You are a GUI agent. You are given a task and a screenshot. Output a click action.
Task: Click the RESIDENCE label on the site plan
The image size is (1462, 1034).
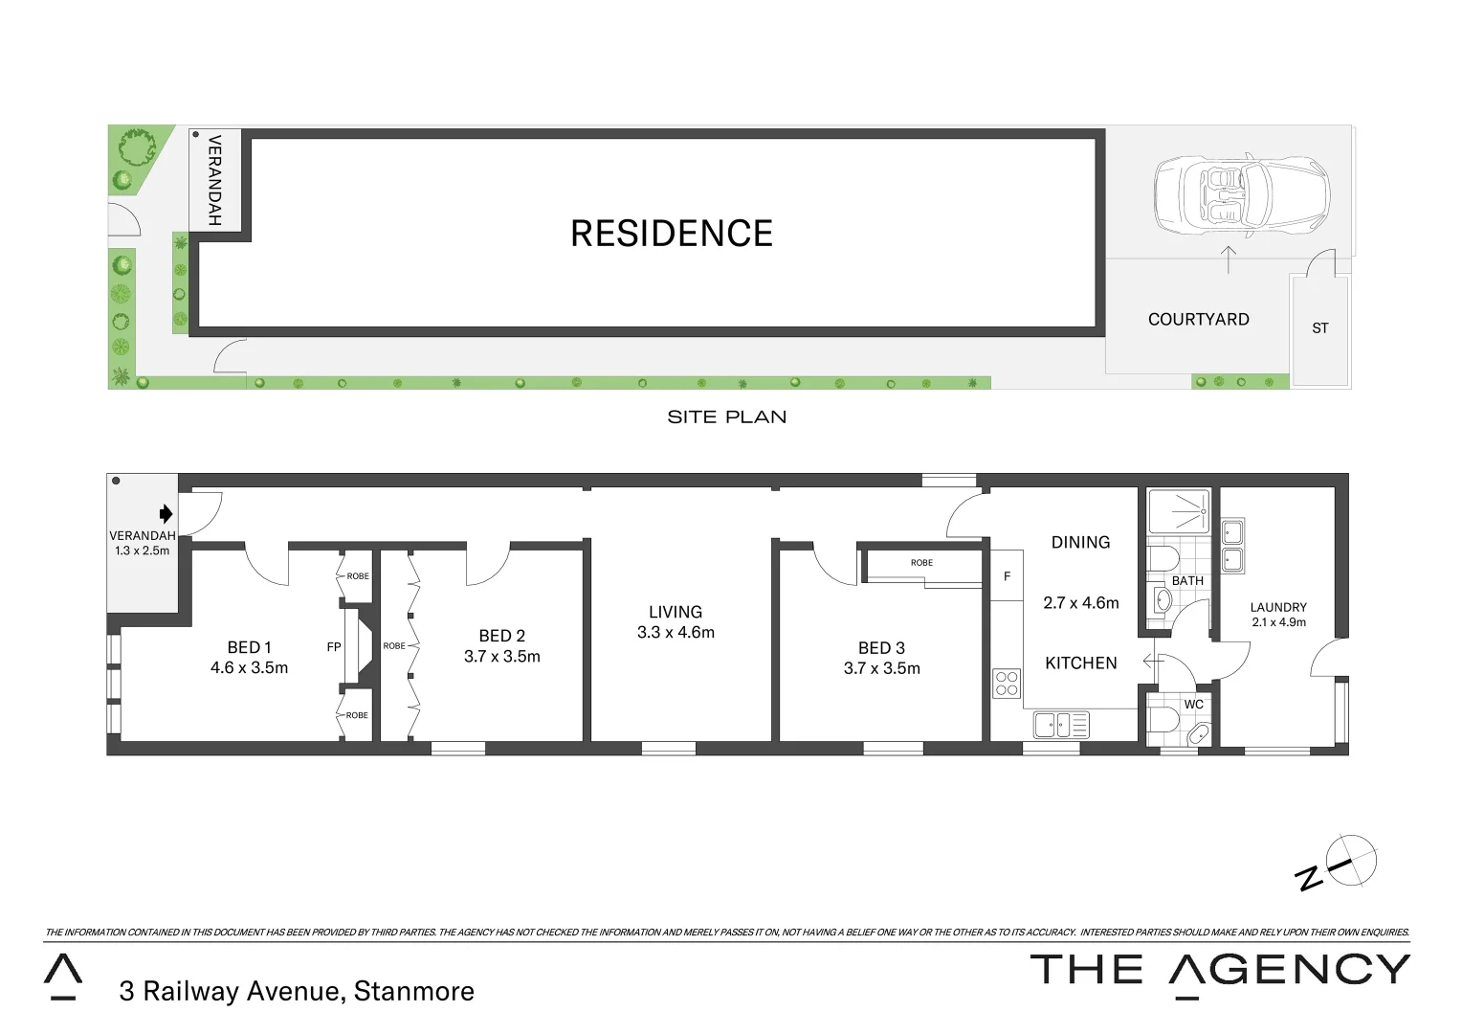671,234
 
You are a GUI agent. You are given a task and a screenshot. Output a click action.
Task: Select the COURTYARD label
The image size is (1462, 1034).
1198,320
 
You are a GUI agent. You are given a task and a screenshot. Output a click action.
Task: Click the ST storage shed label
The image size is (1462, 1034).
1319,328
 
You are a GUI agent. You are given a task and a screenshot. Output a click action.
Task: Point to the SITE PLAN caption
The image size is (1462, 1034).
726,417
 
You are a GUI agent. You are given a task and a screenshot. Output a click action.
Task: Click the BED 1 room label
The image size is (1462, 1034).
249,648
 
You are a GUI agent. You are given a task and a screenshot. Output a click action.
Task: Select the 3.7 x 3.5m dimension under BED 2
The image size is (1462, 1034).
501,657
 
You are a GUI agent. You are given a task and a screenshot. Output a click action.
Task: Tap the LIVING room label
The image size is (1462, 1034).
675,612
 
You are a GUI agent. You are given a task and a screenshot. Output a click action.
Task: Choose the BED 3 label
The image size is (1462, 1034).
881,648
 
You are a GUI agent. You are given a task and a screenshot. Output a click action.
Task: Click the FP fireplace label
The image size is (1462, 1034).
334,647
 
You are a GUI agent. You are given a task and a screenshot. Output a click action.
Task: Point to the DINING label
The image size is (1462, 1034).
1080,543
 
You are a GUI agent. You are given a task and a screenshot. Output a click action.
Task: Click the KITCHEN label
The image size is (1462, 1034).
1080,663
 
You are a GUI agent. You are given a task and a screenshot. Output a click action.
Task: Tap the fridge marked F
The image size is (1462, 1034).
1007,576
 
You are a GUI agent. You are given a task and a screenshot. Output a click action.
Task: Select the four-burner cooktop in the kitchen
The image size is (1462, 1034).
1007,684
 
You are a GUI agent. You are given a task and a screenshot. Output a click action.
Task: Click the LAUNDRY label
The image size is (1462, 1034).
1277,607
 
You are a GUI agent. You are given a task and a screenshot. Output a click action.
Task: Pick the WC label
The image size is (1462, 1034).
1193,705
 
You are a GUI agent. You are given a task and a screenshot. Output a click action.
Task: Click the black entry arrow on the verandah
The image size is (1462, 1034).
166,513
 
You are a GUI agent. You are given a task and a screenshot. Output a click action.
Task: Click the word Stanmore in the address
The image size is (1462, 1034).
413,991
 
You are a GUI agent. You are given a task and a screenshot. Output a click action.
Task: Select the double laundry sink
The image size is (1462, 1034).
1231,546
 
